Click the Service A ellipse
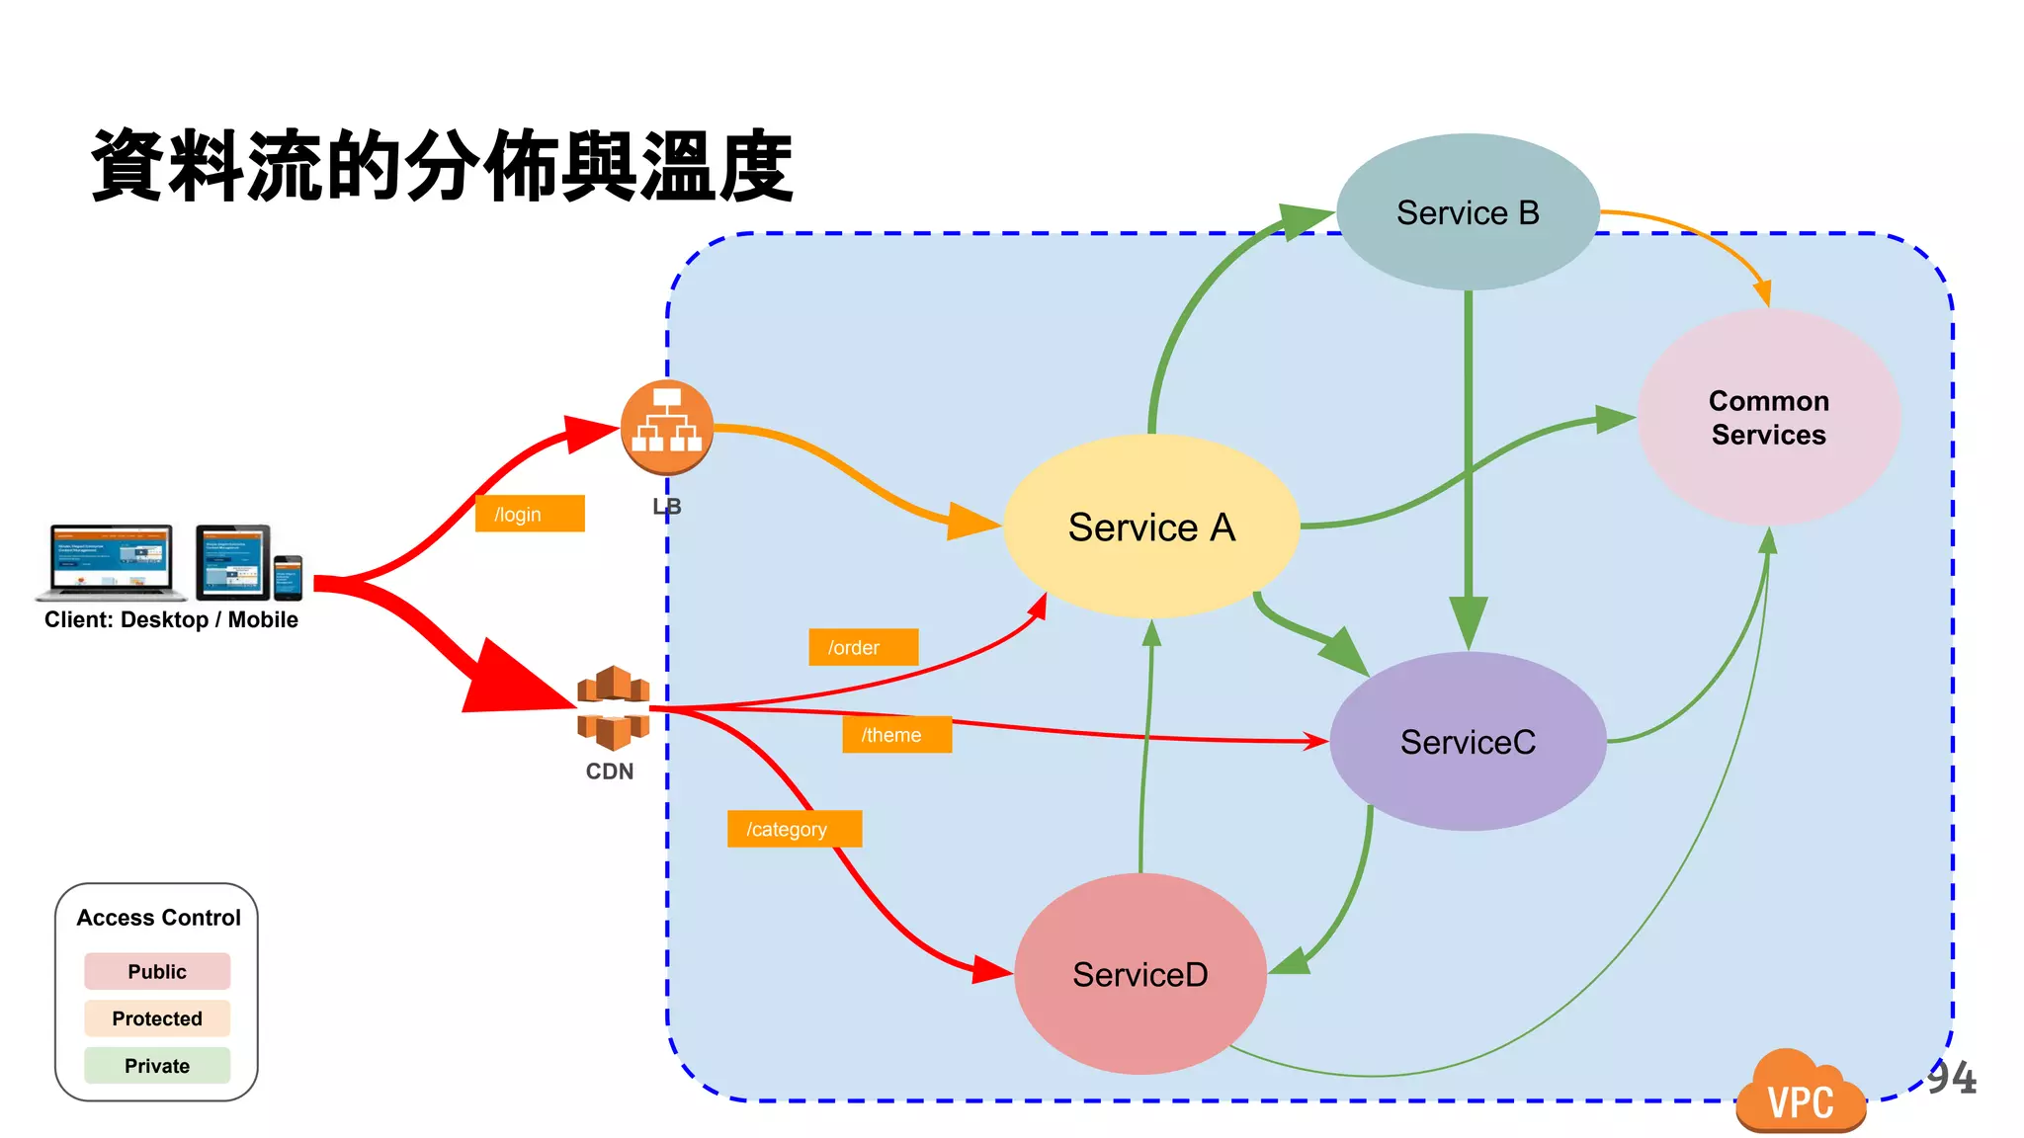coord(1151,527)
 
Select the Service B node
coord(1468,212)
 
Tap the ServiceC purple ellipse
coord(1468,741)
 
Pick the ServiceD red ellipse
coord(1139,974)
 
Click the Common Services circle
coord(1768,417)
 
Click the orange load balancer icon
coord(667,427)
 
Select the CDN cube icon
coord(613,707)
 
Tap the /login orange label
coord(530,514)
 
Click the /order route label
coord(863,647)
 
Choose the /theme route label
coord(896,734)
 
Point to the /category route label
coord(795,829)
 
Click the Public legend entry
coord(157,971)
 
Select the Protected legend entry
coord(157,1018)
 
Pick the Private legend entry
coord(157,1066)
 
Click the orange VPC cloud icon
coord(1800,1094)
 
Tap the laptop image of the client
coord(111,561)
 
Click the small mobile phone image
coord(288,577)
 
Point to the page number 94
coord(1952,1078)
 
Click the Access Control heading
coord(158,918)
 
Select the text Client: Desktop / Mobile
coord(171,619)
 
